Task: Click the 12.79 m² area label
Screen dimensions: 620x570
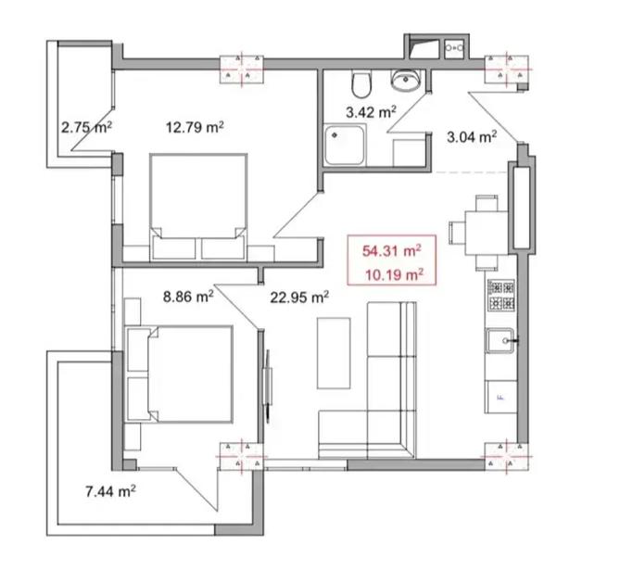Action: click(x=195, y=127)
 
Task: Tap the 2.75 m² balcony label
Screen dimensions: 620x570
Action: click(x=86, y=127)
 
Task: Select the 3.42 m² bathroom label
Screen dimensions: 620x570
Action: click(x=371, y=112)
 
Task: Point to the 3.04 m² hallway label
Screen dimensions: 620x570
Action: click(x=472, y=137)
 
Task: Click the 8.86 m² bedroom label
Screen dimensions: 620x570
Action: click(x=189, y=297)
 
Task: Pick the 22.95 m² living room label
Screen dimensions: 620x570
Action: click(x=299, y=298)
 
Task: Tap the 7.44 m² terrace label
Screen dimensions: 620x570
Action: click(x=110, y=491)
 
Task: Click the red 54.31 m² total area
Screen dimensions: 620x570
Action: click(x=391, y=251)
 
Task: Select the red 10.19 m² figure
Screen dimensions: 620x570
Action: click(x=394, y=274)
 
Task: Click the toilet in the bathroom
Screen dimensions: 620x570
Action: click(x=361, y=84)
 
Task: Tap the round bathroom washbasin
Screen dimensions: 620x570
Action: click(x=406, y=81)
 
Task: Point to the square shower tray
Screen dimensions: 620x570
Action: click(x=345, y=145)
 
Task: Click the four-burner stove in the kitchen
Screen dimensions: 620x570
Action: click(x=501, y=295)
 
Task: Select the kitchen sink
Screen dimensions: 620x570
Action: click(x=500, y=340)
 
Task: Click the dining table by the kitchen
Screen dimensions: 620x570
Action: click(x=487, y=233)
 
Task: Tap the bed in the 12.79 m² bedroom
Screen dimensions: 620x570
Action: click(x=198, y=207)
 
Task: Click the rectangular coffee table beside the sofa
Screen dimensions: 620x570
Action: click(x=334, y=353)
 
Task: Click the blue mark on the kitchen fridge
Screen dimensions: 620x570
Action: click(x=500, y=397)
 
